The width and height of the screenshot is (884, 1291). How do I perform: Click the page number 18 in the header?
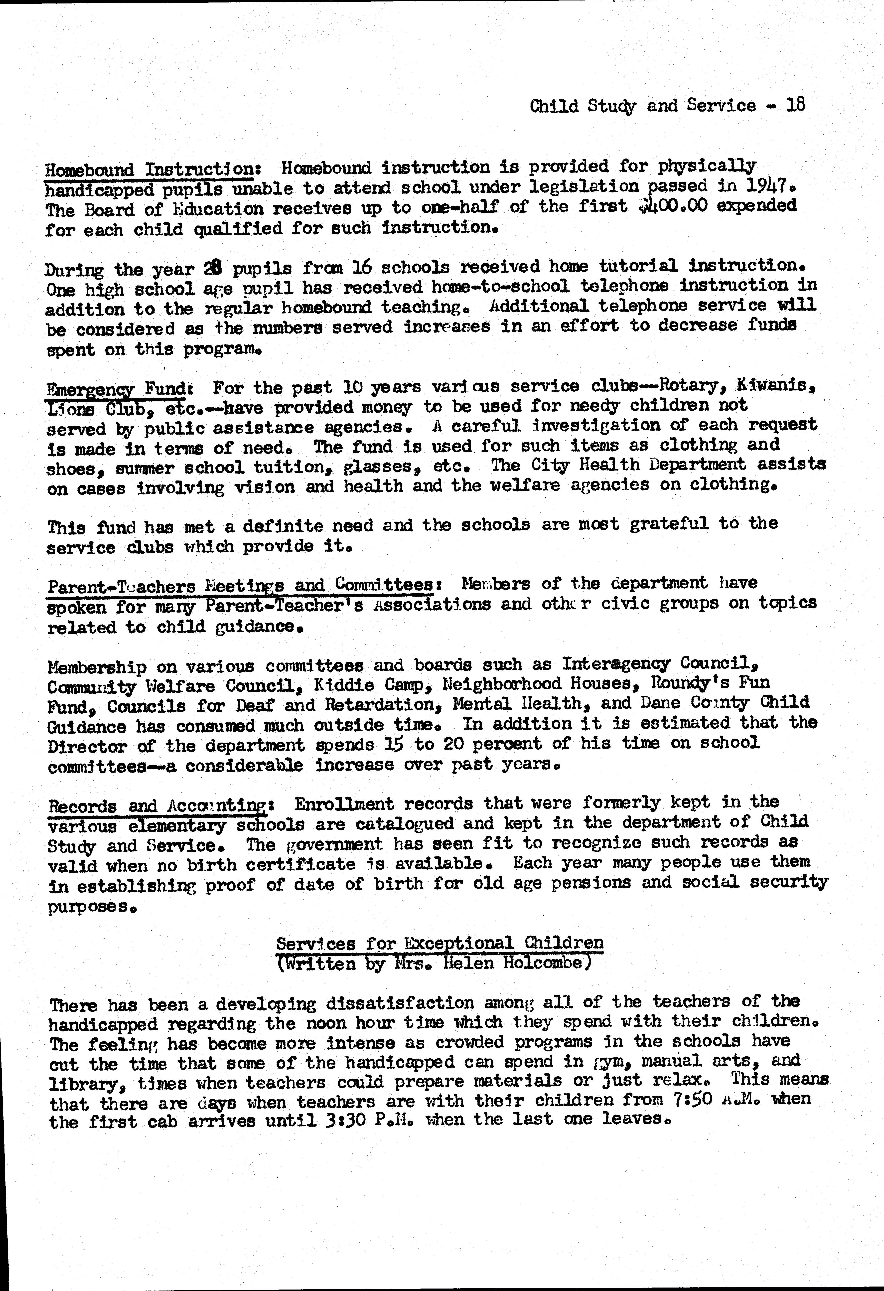click(795, 105)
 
